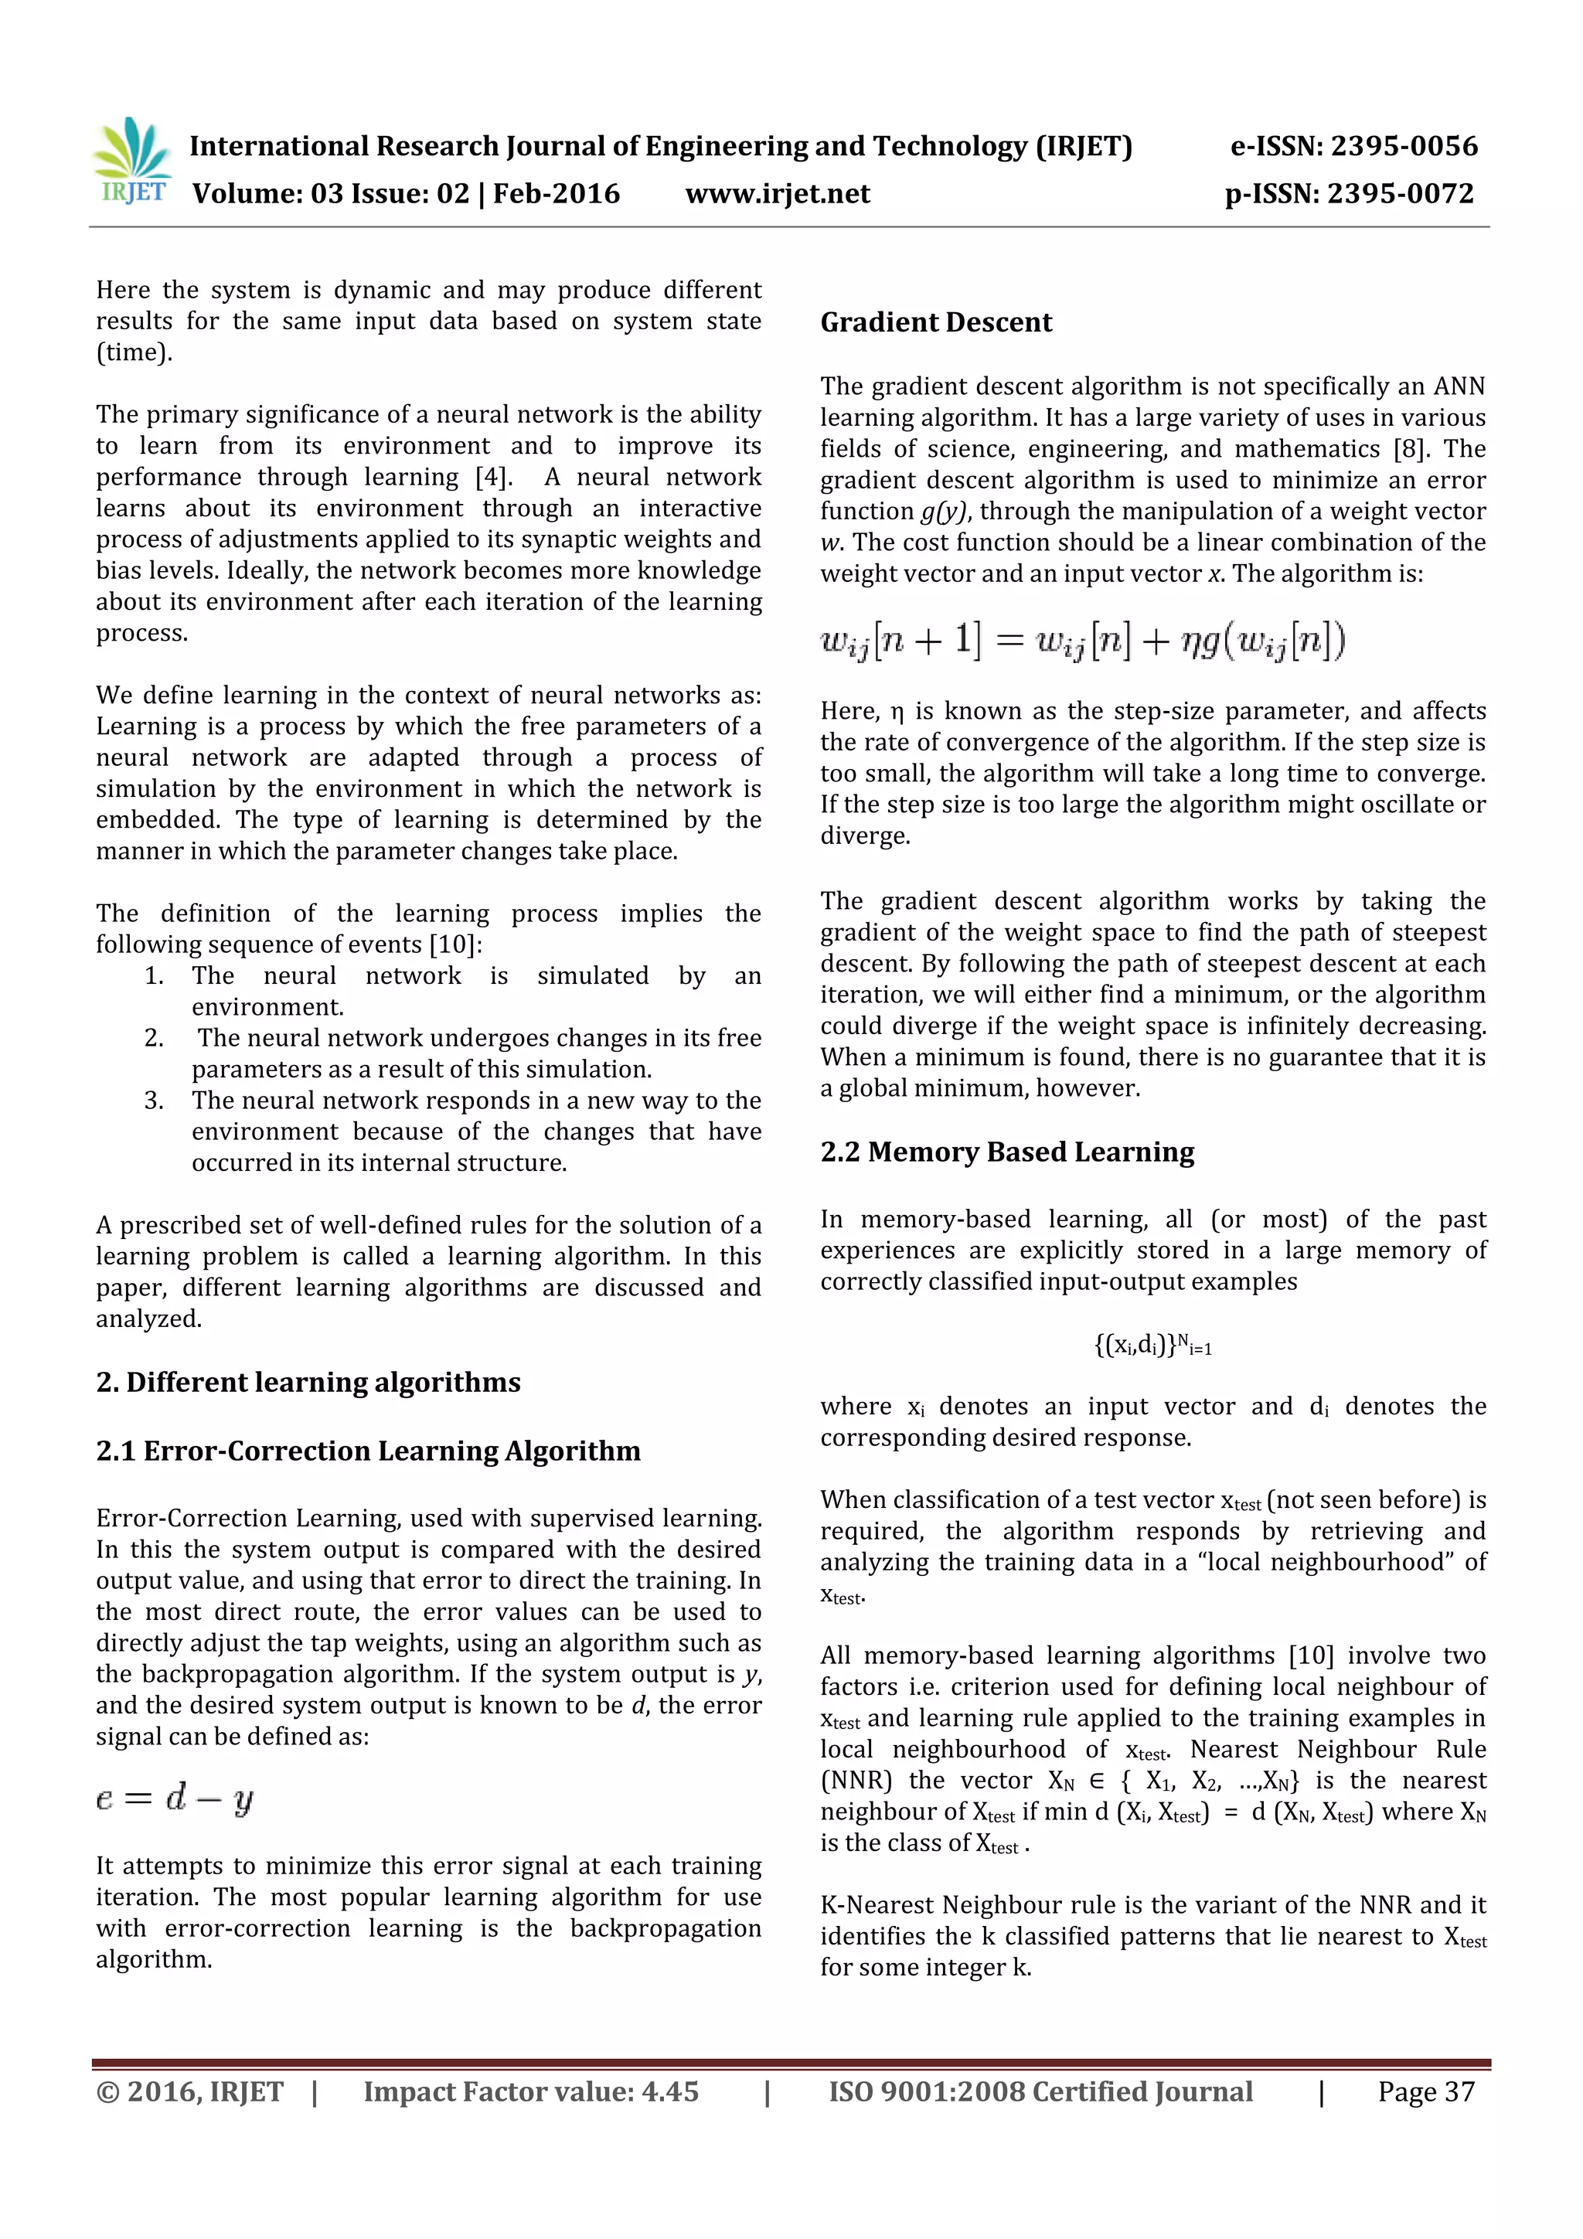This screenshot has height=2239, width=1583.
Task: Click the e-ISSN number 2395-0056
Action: [x=1404, y=146]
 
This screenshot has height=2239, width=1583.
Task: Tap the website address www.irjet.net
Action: [x=778, y=194]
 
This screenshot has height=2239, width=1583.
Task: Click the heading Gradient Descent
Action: [x=935, y=323]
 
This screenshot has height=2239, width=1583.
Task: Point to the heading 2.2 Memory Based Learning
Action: [x=1006, y=1152]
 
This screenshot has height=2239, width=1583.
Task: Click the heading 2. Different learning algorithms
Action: [x=308, y=1382]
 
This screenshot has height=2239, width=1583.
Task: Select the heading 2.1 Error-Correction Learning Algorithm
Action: [x=368, y=1451]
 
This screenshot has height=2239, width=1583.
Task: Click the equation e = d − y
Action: [x=175, y=1797]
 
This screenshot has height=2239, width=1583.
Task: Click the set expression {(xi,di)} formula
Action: [x=1152, y=1346]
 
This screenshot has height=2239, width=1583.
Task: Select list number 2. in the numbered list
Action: [x=154, y=1038]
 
